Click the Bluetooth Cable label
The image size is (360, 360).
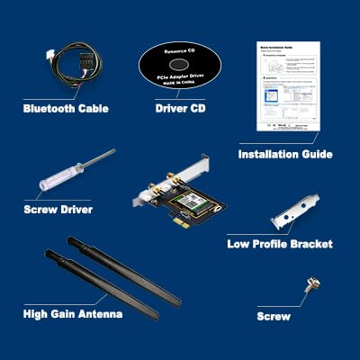[66, 109]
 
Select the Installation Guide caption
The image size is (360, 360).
[285, 154]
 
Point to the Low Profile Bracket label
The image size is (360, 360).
[280, 244]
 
